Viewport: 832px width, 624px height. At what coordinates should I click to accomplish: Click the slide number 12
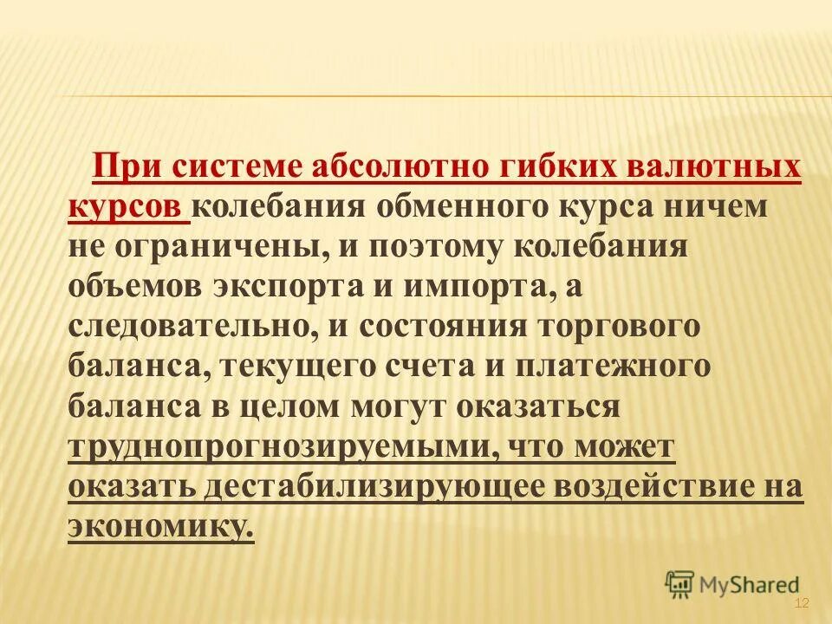pos(801,604)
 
